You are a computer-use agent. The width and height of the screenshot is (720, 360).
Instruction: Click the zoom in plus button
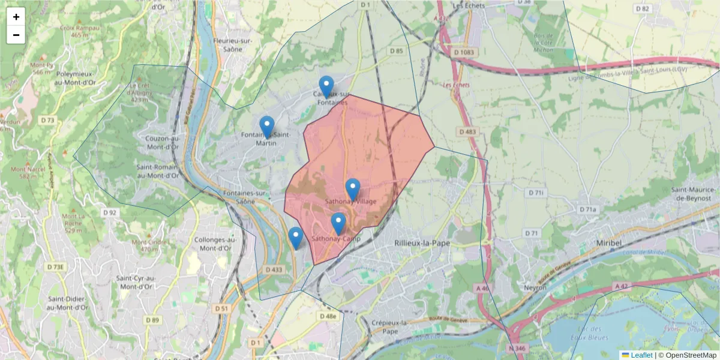coord(16,17)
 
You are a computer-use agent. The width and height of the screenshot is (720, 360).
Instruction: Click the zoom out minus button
coord(16,35)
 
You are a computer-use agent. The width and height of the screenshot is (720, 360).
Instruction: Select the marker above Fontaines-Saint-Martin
coord(267,127)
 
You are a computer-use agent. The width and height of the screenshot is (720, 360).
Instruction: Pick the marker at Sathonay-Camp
coord(338,223)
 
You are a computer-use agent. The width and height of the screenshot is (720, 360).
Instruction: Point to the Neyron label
coord(535,287)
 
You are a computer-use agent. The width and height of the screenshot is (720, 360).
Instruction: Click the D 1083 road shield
coord(464,53)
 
